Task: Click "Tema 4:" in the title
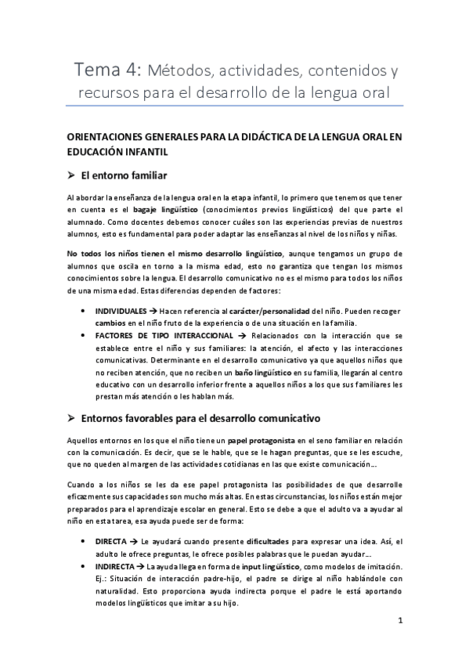click(x=107, y=72)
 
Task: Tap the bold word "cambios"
click(x=112, y=323)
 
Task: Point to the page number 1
click(x=400, y=622)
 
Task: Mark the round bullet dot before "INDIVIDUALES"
click(x=85, y=311)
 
